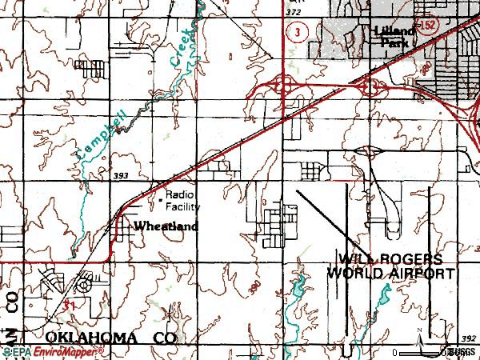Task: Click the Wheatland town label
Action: (166, 226)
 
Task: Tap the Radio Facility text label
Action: (183, 201)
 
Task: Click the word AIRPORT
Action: (424, 273)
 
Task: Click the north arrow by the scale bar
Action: (419, 340)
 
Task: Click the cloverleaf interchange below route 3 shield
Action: (282, 83)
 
